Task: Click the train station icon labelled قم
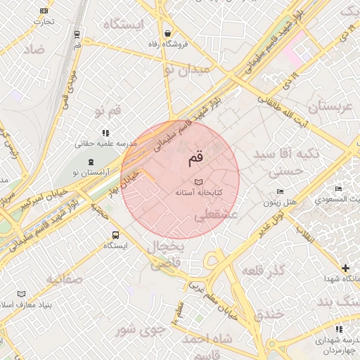click(77, 34)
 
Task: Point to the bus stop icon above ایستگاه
click(115, 236)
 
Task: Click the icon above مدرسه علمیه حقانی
click(105, 132)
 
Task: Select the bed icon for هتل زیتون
click(280, 191)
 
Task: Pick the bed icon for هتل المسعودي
click(338, 189)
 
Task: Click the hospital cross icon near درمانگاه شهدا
click(345, 268)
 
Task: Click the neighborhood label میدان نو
click(186, 70)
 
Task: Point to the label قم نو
click(108, 110)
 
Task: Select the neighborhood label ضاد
click(32, 49)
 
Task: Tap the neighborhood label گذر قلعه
click(262, 271)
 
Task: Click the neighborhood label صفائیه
click(65, 279)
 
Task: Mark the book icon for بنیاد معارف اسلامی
click(21, 294)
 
